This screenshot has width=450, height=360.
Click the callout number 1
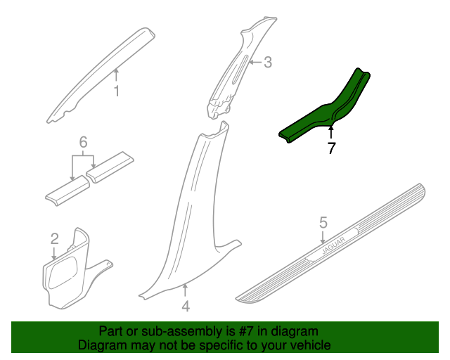click(116, 91)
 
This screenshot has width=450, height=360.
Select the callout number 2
click(55, 239)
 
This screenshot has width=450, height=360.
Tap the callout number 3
click(267, 63)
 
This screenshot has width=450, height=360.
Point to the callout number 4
click(186, 307)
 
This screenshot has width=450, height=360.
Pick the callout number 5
click(323, 223)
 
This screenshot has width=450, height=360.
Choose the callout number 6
click(83, 142)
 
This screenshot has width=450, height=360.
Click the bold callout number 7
click(331, 148)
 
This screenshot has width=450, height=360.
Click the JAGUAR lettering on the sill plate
click(333, 246)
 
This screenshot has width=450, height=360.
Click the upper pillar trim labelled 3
click(238, 69)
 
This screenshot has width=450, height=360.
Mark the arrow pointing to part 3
click(255, 62)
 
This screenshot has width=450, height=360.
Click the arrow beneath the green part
click(331, 133)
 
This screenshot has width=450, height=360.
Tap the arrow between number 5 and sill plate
click(323, 238)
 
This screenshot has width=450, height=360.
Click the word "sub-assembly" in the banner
click(181, 332)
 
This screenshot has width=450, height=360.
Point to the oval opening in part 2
click(63, 272)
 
